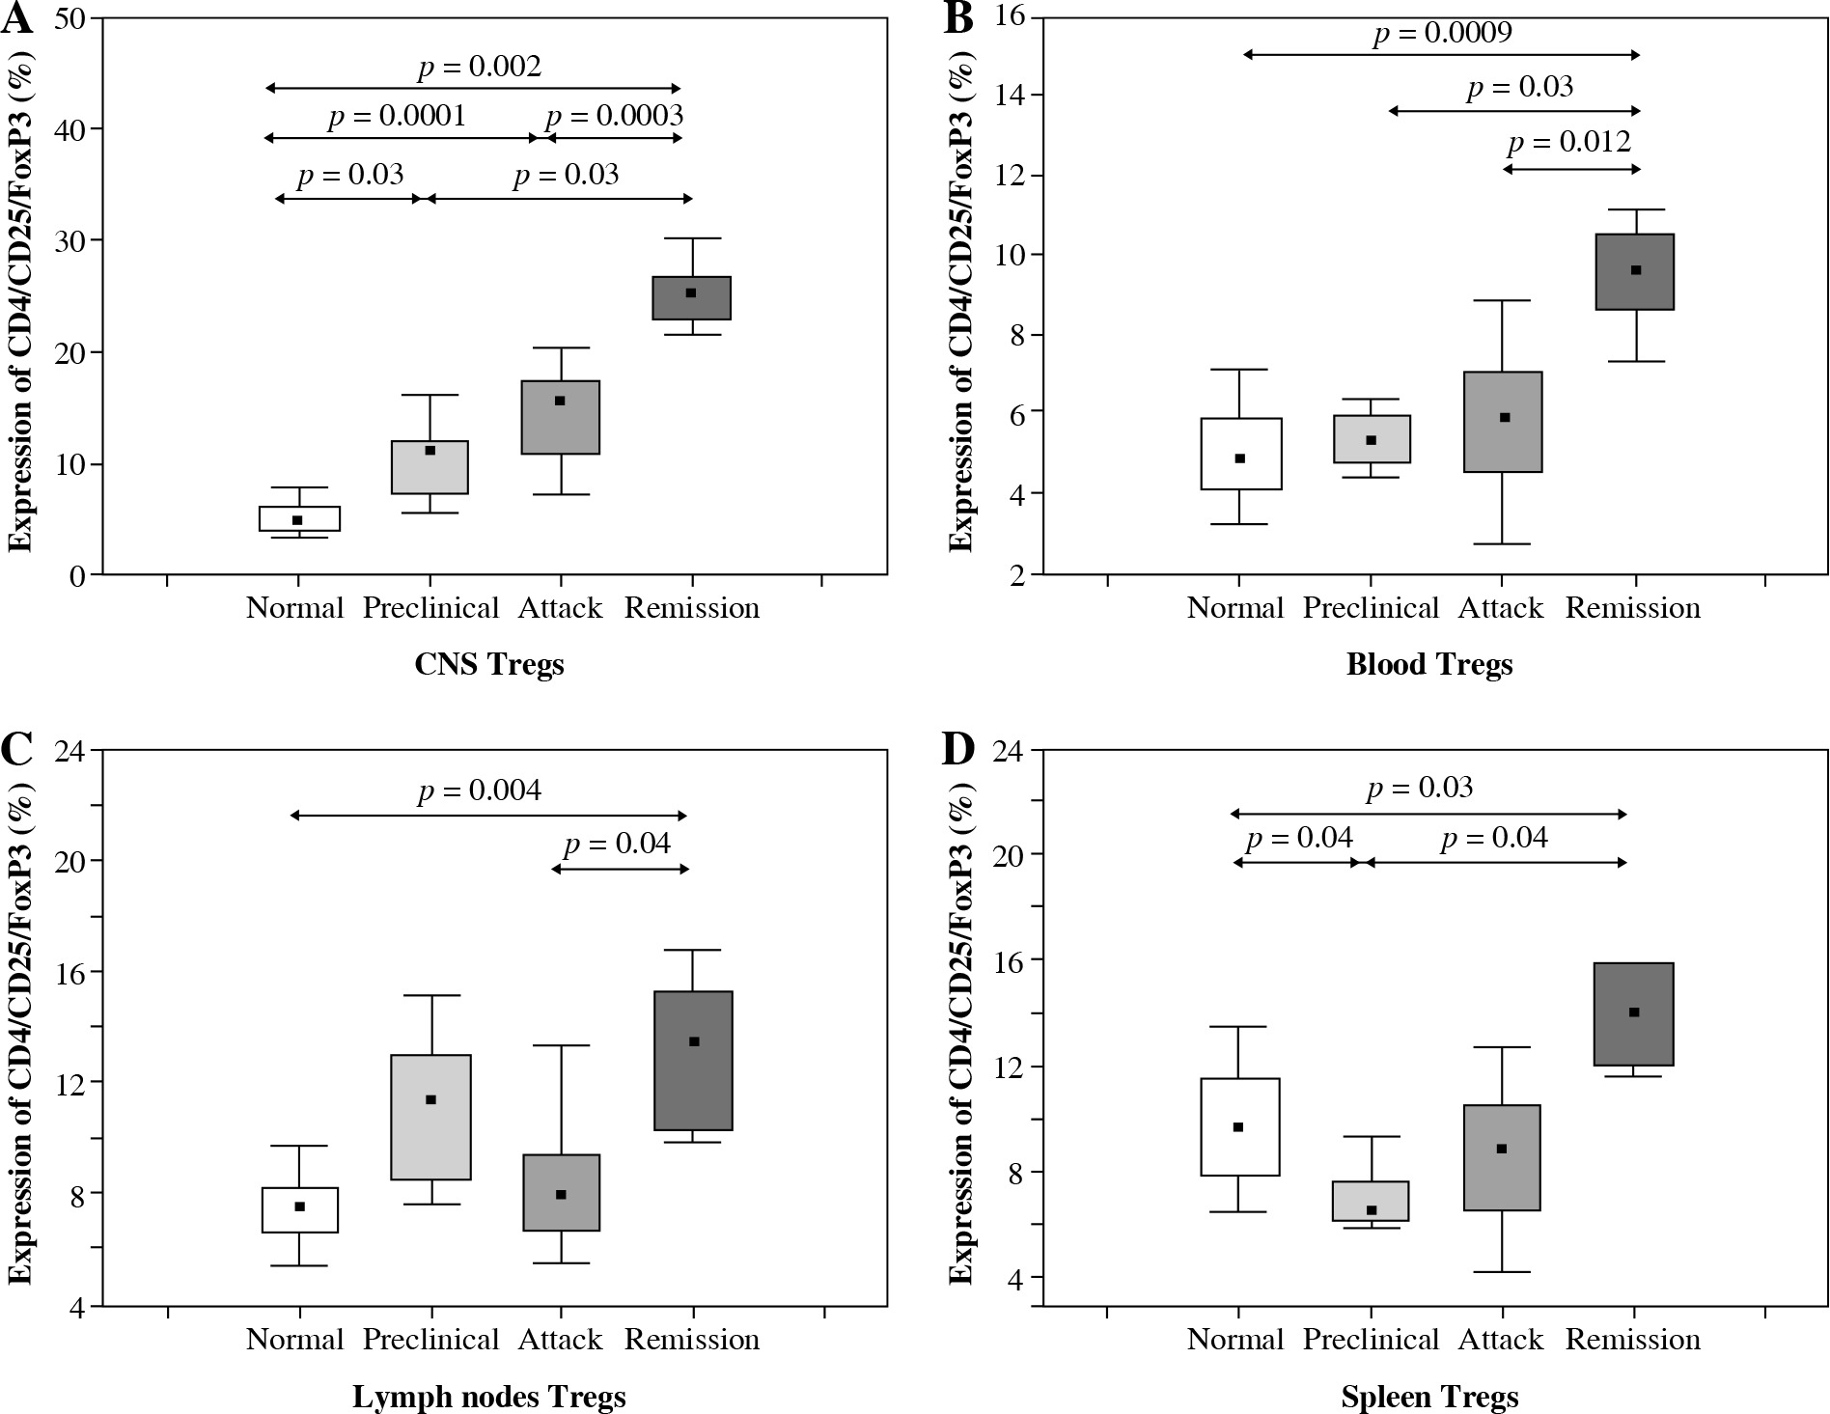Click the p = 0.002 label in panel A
tap(480, 67)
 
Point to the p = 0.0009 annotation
tap(1443, 34)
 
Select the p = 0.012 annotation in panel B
tap(1569, 143)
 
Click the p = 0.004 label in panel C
tap(480, 791)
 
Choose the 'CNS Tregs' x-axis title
tap(489, 665)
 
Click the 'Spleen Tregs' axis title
tap(1429, 1397)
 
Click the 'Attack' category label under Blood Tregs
tap(1501, 608)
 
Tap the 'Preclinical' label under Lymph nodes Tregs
tap(430, 1340)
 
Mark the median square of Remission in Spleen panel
tap(1634, 1012)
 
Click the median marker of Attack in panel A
tap(560, 401)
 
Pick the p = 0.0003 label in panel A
tap(614, 116)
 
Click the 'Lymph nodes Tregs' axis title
tap(489, 1397)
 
